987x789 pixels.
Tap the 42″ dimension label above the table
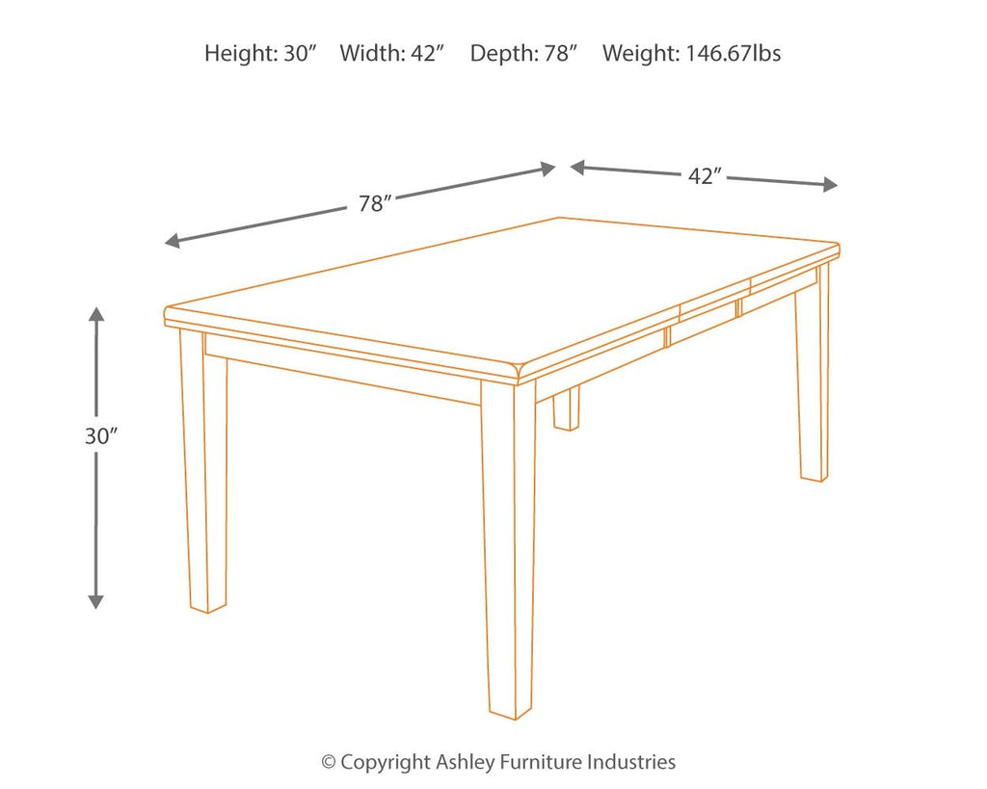(x=706, y=176)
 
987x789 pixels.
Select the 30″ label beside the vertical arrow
(x=100, y=435)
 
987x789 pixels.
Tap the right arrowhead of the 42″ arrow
(x=830, y=185)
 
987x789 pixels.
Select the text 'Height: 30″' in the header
(x=260, y=54)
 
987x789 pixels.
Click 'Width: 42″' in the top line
(x=391, y=54)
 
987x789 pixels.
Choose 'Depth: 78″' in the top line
(x=523, y=54)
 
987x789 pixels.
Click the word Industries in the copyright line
(x=627, y=762)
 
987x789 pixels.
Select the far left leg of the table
(x=204, y=472)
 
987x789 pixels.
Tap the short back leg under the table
(x=566, y=408)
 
